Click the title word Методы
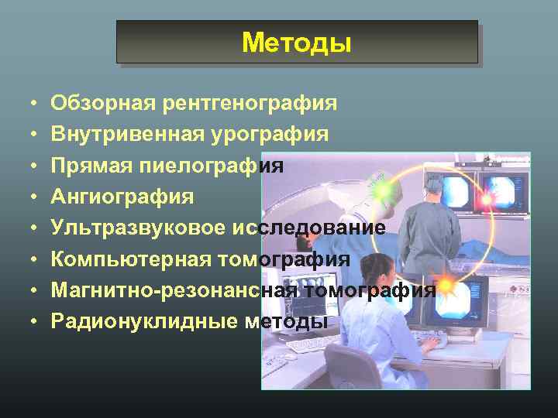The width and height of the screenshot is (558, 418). tap(296, 43)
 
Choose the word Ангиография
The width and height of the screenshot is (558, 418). tap(122, 197)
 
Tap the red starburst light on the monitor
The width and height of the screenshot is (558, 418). tap(487, 200)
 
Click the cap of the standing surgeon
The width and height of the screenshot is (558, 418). tap(429, 165)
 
